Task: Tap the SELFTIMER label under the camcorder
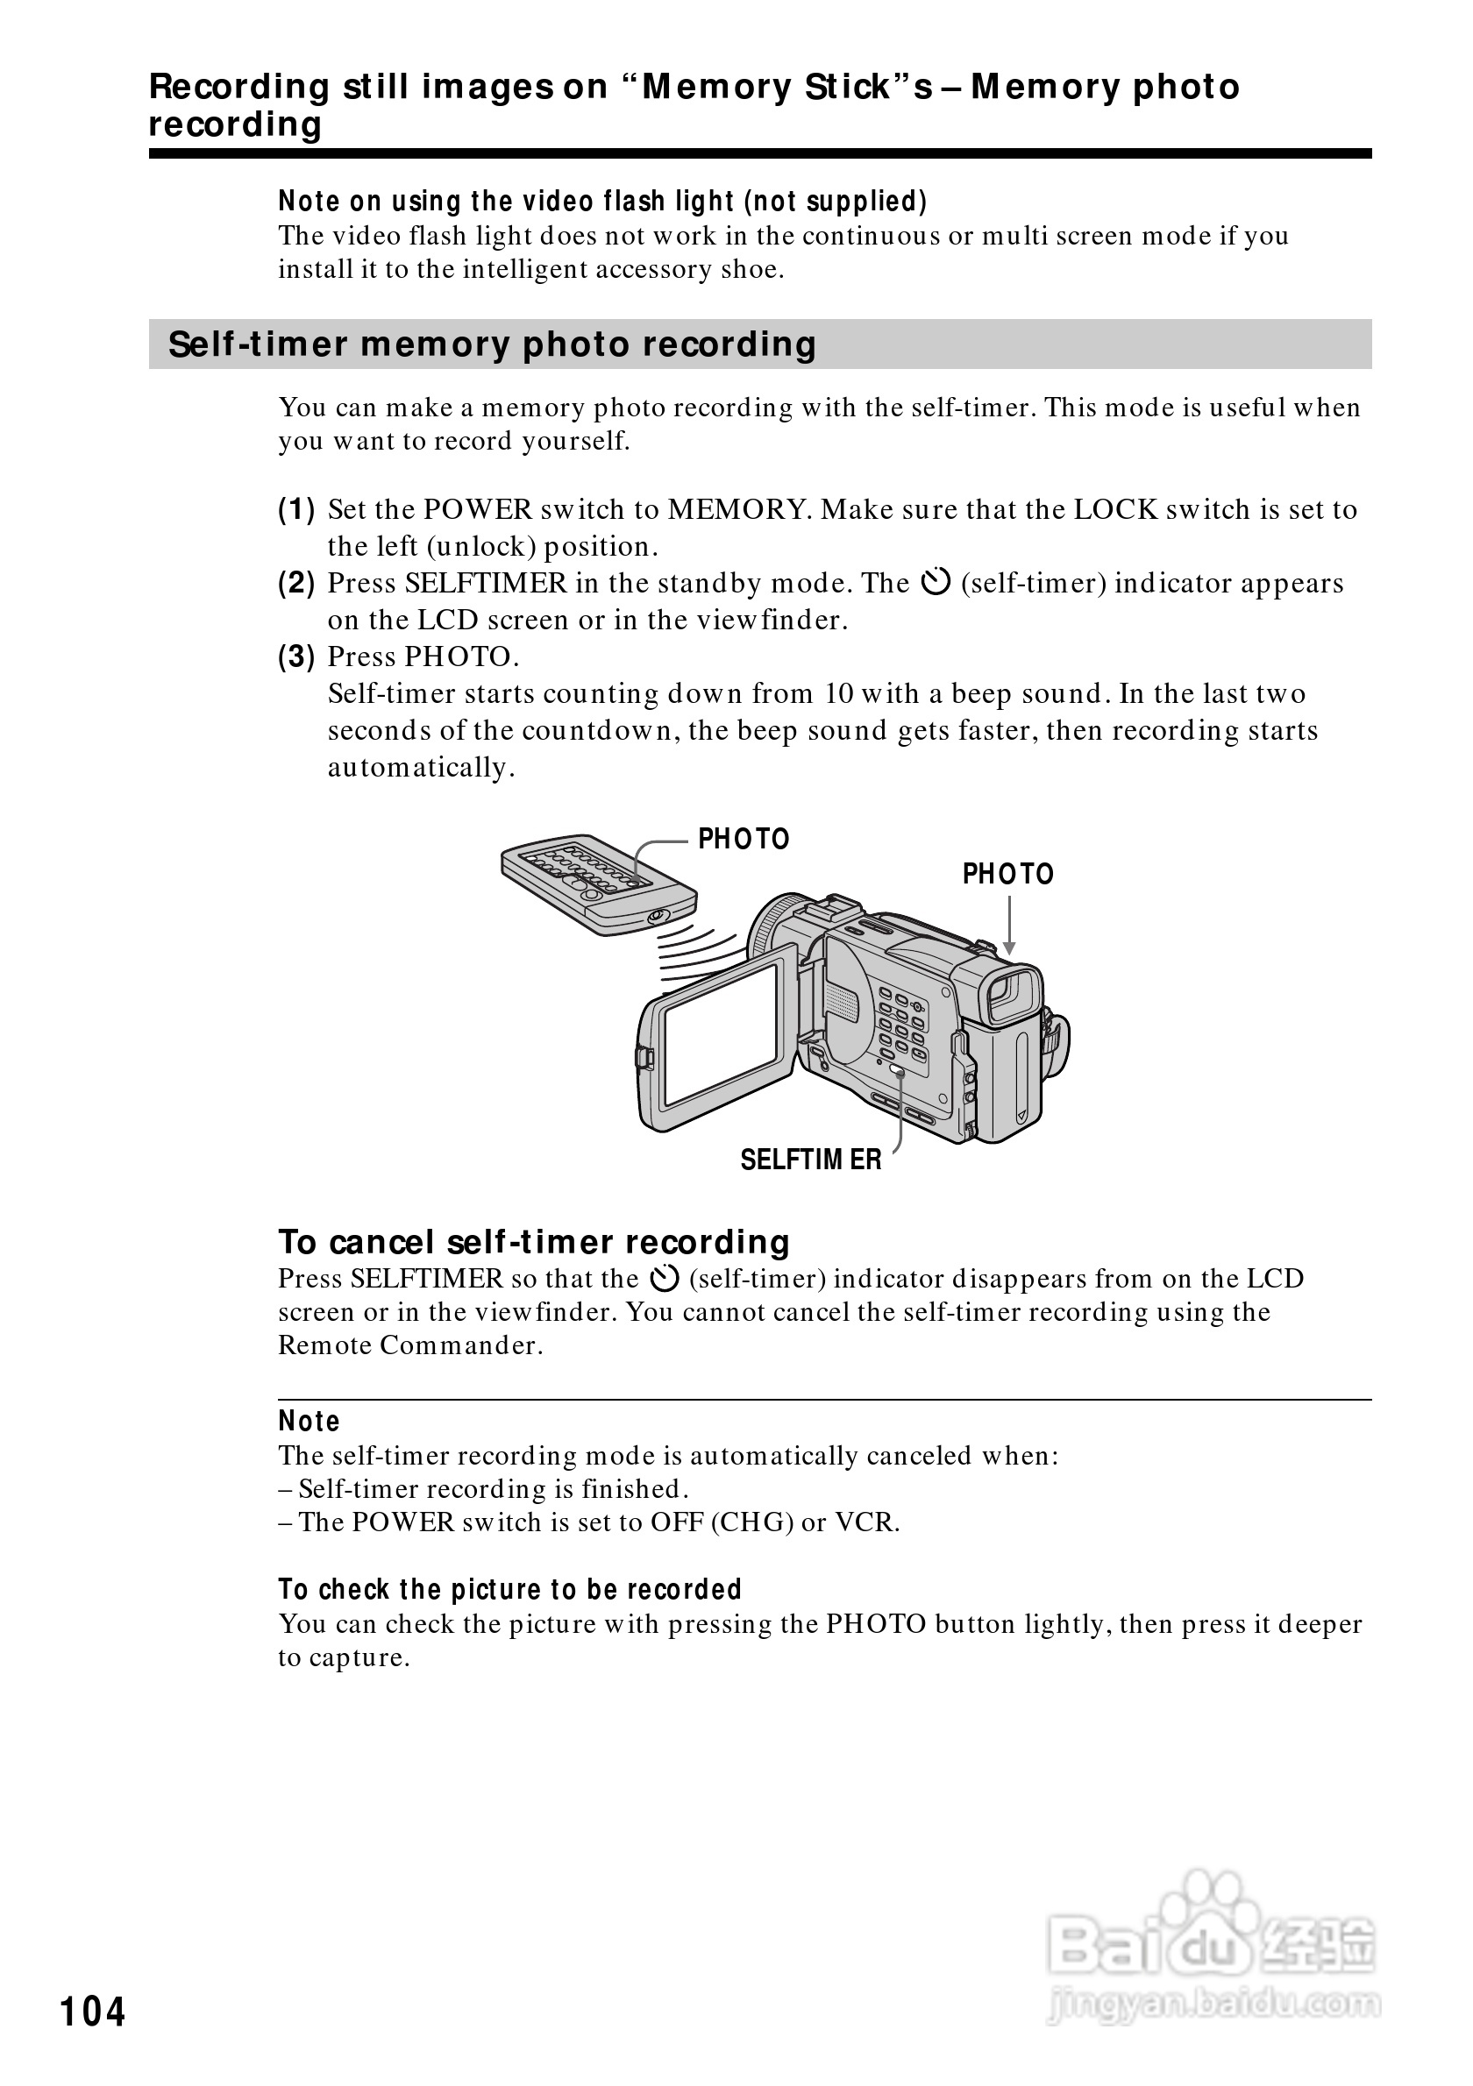click(810, 1160)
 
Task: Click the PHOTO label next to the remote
click(744, 839)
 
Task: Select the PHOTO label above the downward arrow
click(1007, 874)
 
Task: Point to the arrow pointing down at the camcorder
click(1008, 926)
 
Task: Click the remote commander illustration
click(598, 883)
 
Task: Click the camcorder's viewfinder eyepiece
click(1014, 994)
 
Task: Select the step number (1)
click(296, 510)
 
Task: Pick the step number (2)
click(296, 583)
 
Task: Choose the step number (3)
click(296, 656)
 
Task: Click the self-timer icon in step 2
click(935, 582)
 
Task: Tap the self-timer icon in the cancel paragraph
click(665, 1280)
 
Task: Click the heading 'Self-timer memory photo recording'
click(492, 345)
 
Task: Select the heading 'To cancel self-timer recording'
click(533, 1242)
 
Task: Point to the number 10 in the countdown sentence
click(839, 694)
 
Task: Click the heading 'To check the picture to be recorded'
click(509, 1589)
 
